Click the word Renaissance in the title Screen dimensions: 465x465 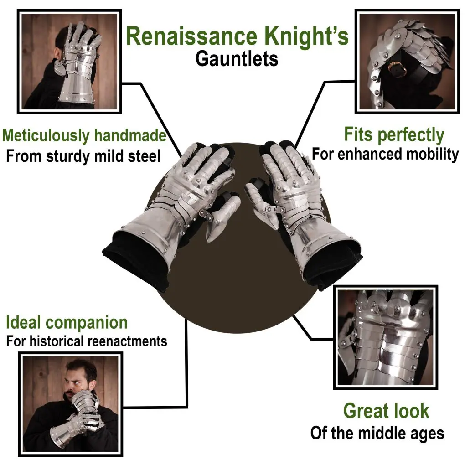(x=191, y=36)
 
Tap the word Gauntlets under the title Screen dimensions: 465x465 (x=237, y=59)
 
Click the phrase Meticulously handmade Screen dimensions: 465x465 (x=84, y=135)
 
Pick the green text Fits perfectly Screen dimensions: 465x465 (x=394, y=135)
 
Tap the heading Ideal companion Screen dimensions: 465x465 (x=67, y=322)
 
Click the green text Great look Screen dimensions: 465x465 (x=386, y=411)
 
